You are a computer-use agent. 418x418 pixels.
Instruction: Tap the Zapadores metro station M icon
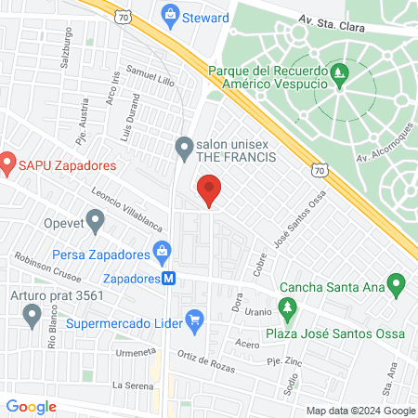[x=169, y=278]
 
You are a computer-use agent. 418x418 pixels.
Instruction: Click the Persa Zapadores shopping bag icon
[x=163, y=251]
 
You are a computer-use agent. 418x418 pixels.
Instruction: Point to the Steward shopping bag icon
[x=169, y=14]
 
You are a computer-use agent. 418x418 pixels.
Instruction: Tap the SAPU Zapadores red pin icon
[x=7, y=165]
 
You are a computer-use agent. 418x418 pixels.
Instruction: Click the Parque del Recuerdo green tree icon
[x=341, y=71]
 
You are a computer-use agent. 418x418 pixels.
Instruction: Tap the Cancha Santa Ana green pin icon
[x=397, y=281]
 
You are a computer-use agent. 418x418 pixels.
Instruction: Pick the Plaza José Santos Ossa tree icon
[x=288, y=307]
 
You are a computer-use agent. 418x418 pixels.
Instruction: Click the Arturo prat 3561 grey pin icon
[x=33, y=316]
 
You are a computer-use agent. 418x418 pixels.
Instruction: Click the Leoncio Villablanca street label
[x=127, y=210]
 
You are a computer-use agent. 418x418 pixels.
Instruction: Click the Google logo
[x=32, y=406]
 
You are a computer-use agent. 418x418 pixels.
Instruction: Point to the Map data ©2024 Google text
[x=361, y=411]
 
